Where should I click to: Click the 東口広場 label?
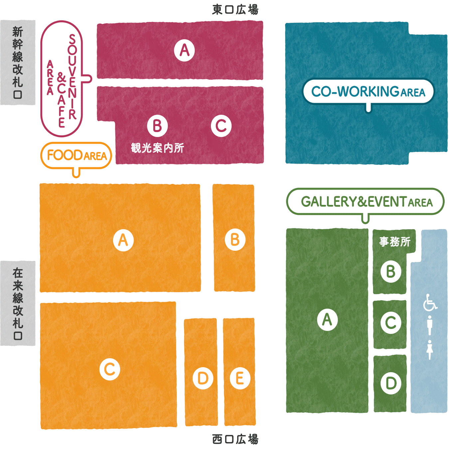(x=235, y=10)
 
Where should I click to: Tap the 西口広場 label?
(x=235, y=439)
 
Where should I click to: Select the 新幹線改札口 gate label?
(x=18, y=63)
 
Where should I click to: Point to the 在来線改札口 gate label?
(x=18, y=304)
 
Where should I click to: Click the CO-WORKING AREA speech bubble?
(x=368, y=91)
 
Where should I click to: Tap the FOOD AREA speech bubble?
(x=76, y=155)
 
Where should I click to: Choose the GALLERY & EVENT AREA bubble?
(x=365, y=202)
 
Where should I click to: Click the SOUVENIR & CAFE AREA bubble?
(x=62, y=79)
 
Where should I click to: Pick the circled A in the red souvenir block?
(x=184, y=51)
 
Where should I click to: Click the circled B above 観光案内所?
(x=157, y=126)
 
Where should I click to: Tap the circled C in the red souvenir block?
(x=221, y=126)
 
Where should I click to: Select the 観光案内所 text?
(x=158, y=148)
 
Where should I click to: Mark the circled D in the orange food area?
(x=203, y=378)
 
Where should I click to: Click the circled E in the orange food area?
(x=240, y=378)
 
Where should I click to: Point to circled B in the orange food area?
(x=235, y=240)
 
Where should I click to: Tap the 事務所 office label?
(x=394, y=241)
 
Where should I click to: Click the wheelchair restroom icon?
(x=430, y=302)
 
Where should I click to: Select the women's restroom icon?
(x=430, y=350)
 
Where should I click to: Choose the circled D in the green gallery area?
(x=391, y=383)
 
